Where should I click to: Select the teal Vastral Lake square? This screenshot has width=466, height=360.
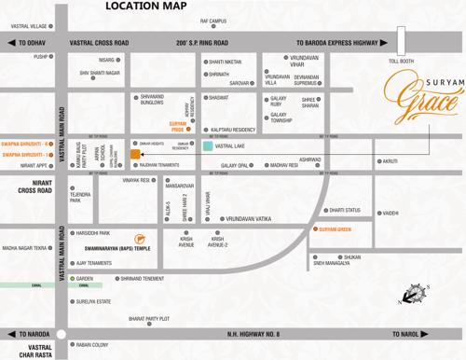(x=208, y=146)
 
